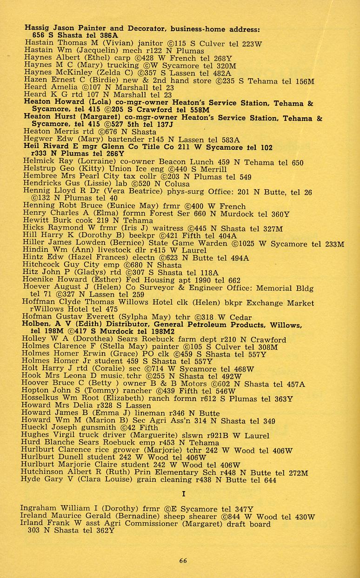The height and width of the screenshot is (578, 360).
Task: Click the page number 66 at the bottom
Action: (183, 560)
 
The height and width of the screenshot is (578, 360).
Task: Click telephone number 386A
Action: (108, 35)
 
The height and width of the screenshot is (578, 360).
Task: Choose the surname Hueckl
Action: (34, 428)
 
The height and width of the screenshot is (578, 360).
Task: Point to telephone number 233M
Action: (334, 244)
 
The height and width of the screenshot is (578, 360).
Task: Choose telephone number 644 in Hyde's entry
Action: (270, 480)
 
